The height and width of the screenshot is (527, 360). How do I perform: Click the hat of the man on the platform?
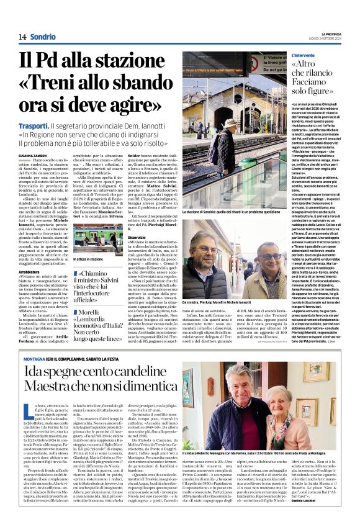click(225, 125)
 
